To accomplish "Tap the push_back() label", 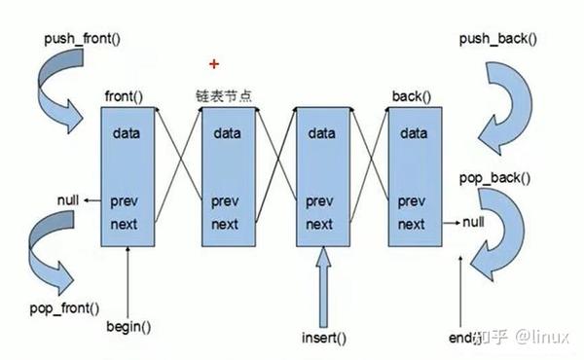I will pos(497,41).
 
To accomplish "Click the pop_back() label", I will pos(494,178).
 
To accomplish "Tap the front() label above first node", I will pos(125,97).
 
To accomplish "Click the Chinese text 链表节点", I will pos(225,97).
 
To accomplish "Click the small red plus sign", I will pos(214,64).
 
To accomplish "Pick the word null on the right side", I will pos(473,223).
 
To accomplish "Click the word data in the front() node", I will pos(127,132).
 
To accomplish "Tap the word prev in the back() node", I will pos(412,201).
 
